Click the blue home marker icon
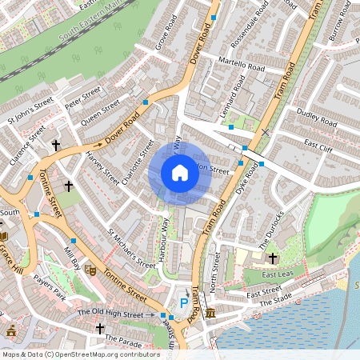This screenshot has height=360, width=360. (180, 172)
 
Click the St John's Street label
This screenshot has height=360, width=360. (30, 110)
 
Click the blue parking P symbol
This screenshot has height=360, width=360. (183, 303)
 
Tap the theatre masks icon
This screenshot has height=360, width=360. (90, 271)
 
